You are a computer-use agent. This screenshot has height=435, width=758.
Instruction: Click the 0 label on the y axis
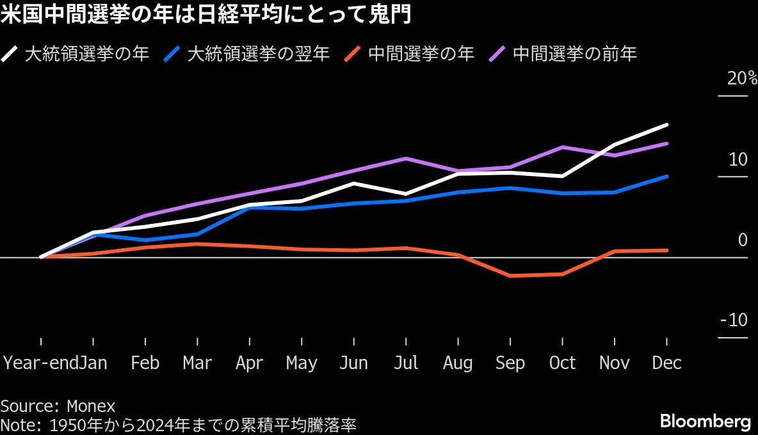pyautogui.click(x=742, y=241)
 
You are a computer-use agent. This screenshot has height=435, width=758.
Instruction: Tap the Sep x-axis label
pyautogui.click(x=510, y=363)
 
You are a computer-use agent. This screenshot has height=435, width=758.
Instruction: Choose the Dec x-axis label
pyautogui.click(x=666, y=363)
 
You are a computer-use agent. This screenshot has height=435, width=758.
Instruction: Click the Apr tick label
pyautogui.click(x=249, y=363)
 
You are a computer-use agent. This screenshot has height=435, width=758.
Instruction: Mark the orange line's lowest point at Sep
pyautogui.click(x=510, y=276)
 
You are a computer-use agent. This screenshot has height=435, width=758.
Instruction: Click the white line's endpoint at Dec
pyautogui.click(x=667, y=125)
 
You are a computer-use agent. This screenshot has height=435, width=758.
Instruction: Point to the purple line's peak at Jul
pyautogui.click(x=406, y=158)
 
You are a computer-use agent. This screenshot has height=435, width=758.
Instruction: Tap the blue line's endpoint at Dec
pyautogui.click(x=667, y=177)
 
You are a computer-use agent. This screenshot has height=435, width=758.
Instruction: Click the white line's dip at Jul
pyautogui.click(x=406, y=194)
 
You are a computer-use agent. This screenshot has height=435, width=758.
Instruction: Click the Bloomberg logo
pyautogui.click(x=705, y=422)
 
